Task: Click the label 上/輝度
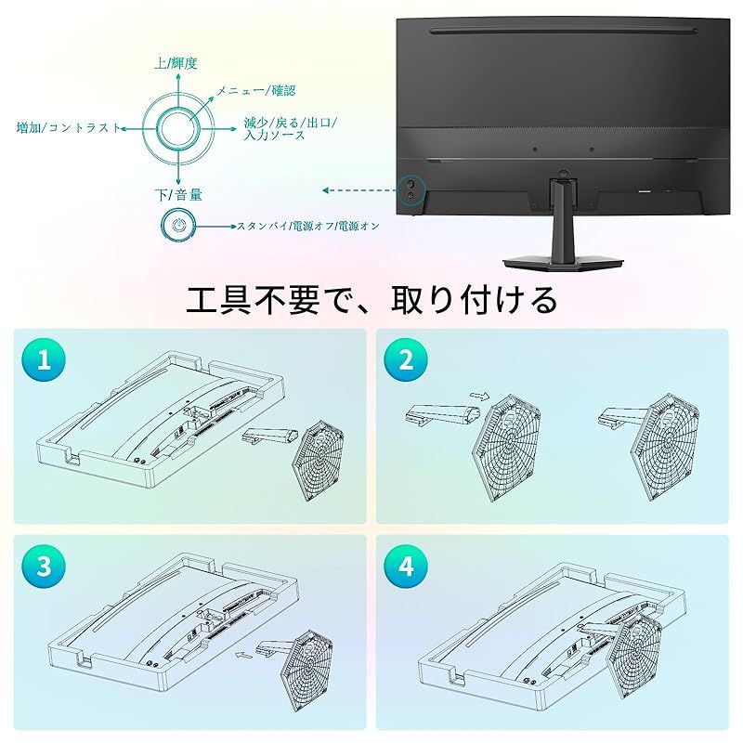[x=176, y=63]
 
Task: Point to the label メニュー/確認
[x=256, y=90]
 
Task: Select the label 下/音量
[x=178, y=195]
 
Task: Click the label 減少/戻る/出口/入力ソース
[x=289, y=129]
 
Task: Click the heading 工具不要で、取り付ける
[x=371, y=299]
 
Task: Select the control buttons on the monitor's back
[x=410, y=189]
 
